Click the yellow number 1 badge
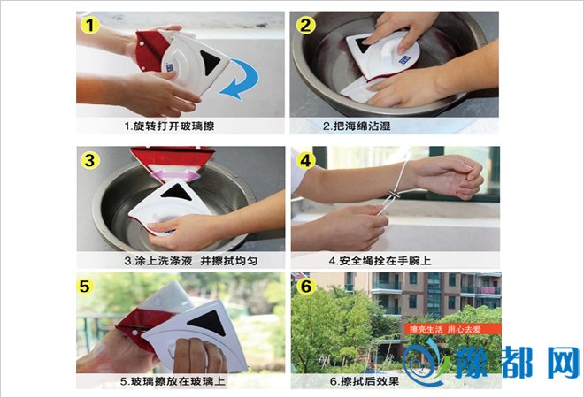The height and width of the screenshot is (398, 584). click(x=89, y=25)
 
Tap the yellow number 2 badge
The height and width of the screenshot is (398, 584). click(x=306, y=25)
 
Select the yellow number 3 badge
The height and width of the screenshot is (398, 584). click(x=89, y=160)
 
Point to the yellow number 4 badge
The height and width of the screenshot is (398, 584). click(x=306, y=160)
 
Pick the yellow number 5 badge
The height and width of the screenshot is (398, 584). click(x=85, y=286)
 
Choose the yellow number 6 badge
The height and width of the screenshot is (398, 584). click(x=306, y=286)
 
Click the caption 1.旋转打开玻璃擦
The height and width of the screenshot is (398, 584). click(x=169, y=126)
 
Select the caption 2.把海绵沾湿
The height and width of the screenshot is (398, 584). click(x=357, y=126)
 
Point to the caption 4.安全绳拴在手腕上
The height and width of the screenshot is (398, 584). click(x=380, y=261)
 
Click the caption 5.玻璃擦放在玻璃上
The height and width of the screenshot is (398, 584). click(x=173, y=381)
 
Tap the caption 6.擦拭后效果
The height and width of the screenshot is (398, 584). click(x=365, y=381)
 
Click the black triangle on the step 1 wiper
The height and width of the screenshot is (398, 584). click(x=211, y=62)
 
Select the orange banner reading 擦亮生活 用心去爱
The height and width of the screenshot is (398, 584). click(x=452, y=329)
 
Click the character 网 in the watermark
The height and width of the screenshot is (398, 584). click(x=563, y=363)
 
